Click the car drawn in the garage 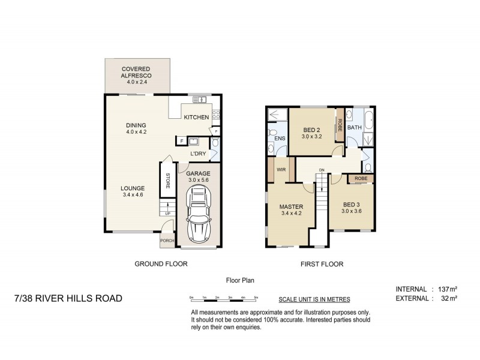click(x=199, y=214)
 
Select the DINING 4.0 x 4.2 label click(x=136, y=128)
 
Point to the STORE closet click(x=167, y=180)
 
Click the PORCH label click(x=166, y=242)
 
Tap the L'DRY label click(x=198, y=155)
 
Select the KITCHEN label click(x=196, y=117)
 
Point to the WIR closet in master click(x=281, y=170)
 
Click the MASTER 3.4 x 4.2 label click(x=291, y=211)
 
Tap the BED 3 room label click(x=352, y=208)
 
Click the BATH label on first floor click(x=355, y=127)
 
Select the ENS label click(x=279, y=138)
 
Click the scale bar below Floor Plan click(x=223, y=298)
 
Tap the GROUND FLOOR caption click(x=161, y=263)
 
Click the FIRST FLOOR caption click(x=322, y=263)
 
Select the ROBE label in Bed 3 click(x=361, y=179)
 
